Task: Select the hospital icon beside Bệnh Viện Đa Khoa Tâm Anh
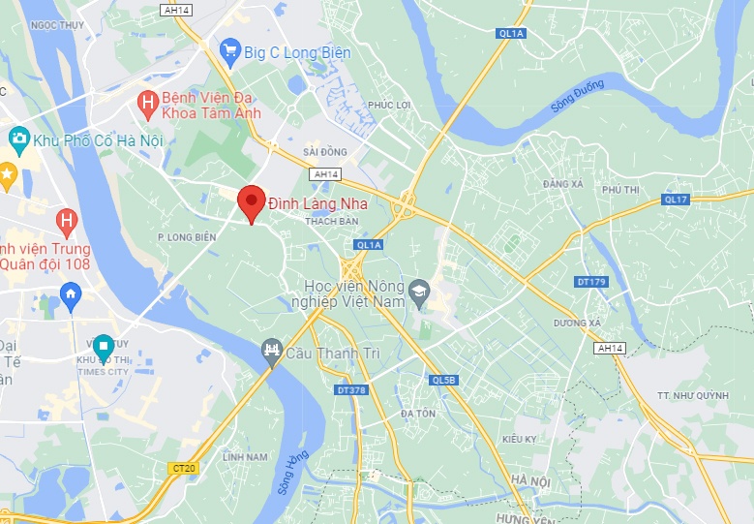[x=147, y=101]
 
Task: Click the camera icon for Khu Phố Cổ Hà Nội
[x=17, y=140]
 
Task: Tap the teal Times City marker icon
[x=104, y=345]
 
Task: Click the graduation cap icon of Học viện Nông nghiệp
[x=418, y=290]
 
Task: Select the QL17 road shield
[x=676, y=200]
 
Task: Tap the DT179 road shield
[x=589, y=282]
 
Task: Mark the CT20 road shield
[x=183, y=468]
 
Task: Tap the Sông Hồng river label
[x=291, y=472]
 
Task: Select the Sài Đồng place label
[x=324, y=152]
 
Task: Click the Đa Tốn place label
[x=418, y=414]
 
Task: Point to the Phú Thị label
[x=620, y=190]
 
